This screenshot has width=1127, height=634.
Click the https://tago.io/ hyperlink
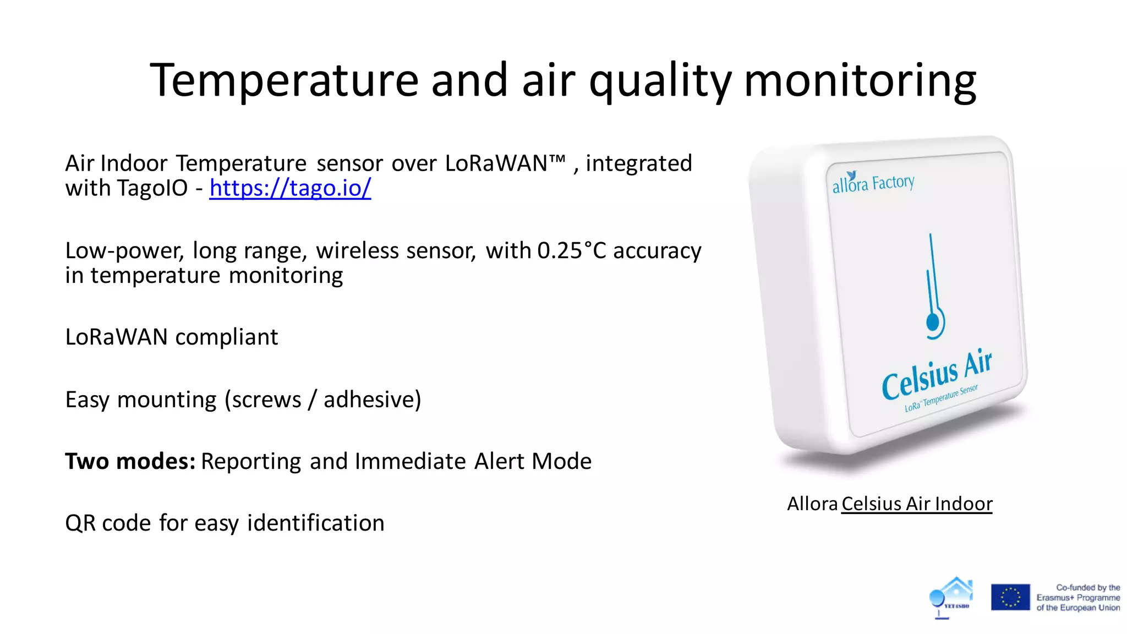(290, 188)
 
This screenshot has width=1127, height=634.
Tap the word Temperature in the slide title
(284, 80)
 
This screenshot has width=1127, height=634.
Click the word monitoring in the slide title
(860, 80)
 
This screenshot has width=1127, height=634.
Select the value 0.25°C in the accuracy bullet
(571, 251)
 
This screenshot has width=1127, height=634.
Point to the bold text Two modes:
(130, 461)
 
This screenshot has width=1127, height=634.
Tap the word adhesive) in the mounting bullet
(372, 400)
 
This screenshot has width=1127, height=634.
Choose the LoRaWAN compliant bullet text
(171, 337)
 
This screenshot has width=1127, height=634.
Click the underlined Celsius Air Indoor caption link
(917, 504)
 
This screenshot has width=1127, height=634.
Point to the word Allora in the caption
(812, 504)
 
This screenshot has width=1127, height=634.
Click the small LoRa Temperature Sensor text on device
(941, 398)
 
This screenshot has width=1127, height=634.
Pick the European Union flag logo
(1010, 597)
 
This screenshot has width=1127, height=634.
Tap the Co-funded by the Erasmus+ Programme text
(1078, 598)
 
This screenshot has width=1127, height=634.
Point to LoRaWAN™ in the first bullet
(505, 163)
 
